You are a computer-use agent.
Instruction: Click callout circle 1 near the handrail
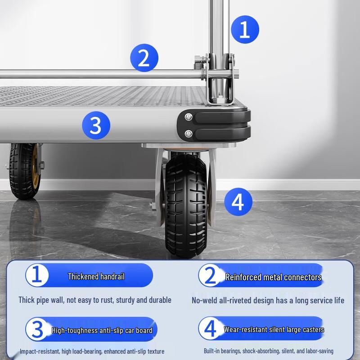click(x=245, y=30)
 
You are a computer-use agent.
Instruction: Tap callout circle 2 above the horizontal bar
click(x=144, y=58)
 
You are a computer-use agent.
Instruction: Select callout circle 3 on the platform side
click(x=96, y=125)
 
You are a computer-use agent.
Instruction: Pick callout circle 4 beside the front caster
click(x=238, y=202)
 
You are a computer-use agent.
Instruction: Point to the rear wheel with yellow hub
click(x=23, y=171)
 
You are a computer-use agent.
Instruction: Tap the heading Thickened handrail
click(x=96, y=276)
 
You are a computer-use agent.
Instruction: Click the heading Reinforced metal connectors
click(x=273, y=277)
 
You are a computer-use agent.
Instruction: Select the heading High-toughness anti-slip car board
click(x=102, y=330)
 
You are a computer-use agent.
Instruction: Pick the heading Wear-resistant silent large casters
click(x=274, y=329)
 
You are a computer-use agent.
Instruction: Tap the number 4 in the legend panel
click(x=210, y=329)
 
